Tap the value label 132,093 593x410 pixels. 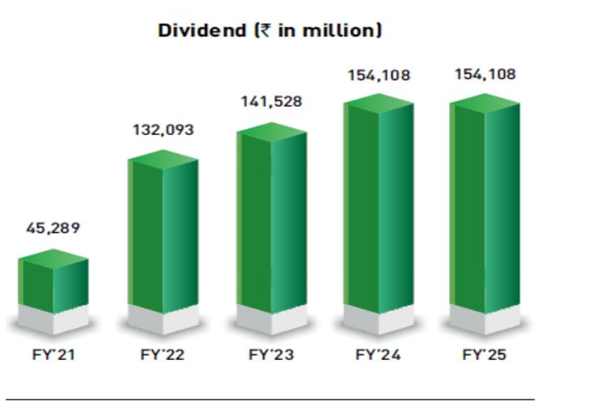pos(162,129)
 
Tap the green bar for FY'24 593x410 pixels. pos(379,202)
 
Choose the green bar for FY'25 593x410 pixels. pos(484,202)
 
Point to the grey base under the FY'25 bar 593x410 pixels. pos(484,320)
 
